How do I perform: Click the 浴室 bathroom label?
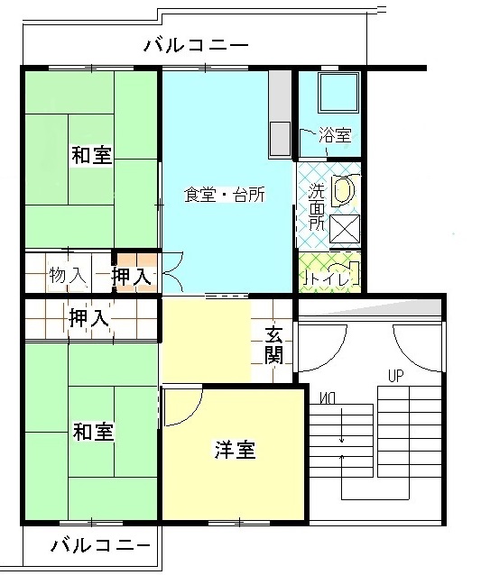click(x=335, y=135)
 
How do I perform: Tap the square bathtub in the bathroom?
click(x=338, y=93)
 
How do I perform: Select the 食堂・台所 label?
click(x=225, y=195)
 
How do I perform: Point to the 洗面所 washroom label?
click(x=316, y=206)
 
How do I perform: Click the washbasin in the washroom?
click(x=344, y=190)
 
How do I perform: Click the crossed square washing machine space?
click(x=345, y=229)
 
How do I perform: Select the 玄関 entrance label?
click(x=274, y=344)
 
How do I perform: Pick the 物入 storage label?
click(x=68, y=275)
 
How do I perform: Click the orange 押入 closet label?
click(x=132, y=276)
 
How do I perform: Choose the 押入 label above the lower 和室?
click(x=88, y=317)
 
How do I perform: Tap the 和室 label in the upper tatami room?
click(x=91, y=155)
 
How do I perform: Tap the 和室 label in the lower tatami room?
click(x=93, y=431)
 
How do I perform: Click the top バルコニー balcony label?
click(x=196, y=45)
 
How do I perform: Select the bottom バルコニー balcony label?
click(x=100, y=546)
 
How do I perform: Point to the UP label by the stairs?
click(x=396, y=376)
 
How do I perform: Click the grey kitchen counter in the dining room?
click(x=280, y=114)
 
